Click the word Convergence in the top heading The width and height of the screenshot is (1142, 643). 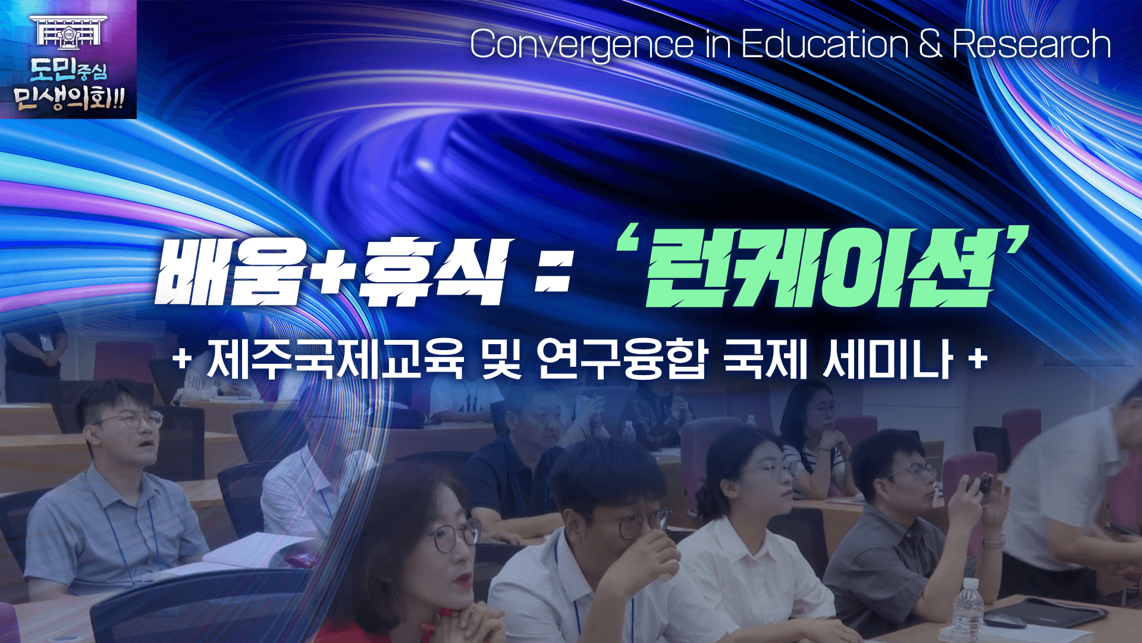tap(582, 45)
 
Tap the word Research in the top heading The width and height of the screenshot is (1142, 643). tap(1032, 44)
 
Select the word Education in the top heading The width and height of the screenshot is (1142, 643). tap(824, 44)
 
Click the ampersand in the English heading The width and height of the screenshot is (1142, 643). tap(930, 44)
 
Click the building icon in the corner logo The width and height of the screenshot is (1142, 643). tap(68, 30)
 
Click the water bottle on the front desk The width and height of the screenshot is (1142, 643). tap(967, 610)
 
